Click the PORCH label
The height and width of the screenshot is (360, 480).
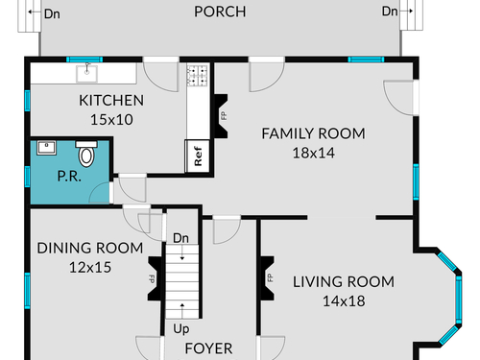(220, 12)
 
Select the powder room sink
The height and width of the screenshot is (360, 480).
(46, 148)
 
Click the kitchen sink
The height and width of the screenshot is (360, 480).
(86, 73)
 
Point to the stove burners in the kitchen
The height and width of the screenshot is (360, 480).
(198, 76)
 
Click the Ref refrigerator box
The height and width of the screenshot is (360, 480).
(198, 156)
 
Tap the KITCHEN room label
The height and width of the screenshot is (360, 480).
(111, 101)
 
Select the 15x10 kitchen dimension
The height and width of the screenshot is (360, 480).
(111, 120)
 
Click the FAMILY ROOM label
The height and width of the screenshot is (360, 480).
(313, 133)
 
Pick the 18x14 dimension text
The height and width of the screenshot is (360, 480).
(314, 153)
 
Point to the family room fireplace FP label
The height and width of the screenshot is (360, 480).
(224, 115)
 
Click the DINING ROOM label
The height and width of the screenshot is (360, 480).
(90, 248)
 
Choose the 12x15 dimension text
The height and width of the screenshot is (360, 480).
(90, 268)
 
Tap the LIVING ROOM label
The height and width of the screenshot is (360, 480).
(344, 282)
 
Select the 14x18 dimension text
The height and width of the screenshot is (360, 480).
(344, 301)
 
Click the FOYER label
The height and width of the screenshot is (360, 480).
(208, 348)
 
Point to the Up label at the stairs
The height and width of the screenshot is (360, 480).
(181, 329)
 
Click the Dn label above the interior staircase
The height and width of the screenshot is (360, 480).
(180, 238)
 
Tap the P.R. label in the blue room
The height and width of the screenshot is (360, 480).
(69, 176)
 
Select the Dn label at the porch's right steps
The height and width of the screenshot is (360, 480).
(390, 12)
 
